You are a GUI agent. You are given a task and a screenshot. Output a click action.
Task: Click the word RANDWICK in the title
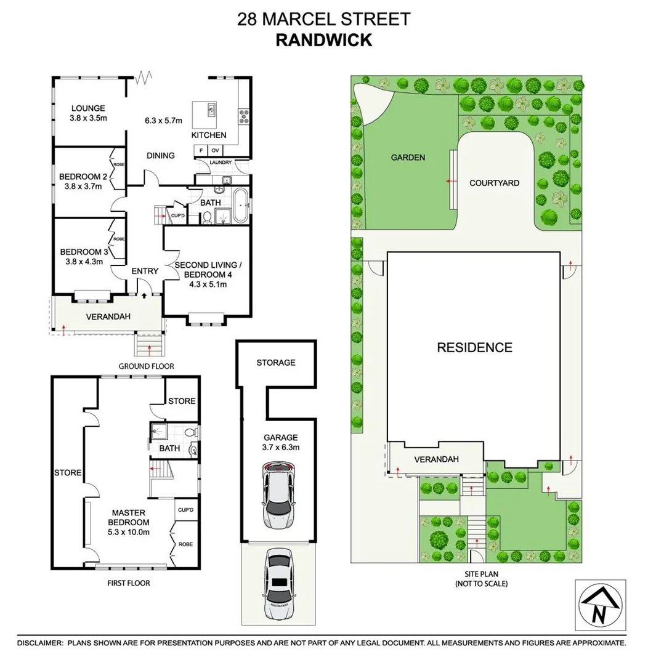click(x=323, y=40)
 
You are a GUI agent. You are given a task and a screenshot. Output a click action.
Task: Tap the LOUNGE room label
click(x=87, y=108)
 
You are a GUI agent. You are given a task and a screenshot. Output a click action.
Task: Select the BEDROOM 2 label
click(x=83, y=177)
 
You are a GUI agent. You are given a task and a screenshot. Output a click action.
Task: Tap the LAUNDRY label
click(x=220, y=163)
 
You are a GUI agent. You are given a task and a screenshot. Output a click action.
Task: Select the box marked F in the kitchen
click(x=201, y=150)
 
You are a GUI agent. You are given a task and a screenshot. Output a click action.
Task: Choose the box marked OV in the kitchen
click(x=216, y=150)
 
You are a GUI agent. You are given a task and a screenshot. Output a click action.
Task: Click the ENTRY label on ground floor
click(x=145, y=271)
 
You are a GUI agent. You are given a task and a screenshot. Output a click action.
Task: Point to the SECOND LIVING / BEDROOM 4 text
click(x=209, y=270)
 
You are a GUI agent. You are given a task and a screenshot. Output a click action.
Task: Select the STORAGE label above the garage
click(x=276, y=363)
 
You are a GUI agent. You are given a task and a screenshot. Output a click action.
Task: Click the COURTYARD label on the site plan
click(x=494, y=183)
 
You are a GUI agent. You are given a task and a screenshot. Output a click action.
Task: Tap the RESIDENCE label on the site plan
click(x=474, y=347)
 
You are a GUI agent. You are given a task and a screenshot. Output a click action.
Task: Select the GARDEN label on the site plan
click(x=408, y=158)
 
